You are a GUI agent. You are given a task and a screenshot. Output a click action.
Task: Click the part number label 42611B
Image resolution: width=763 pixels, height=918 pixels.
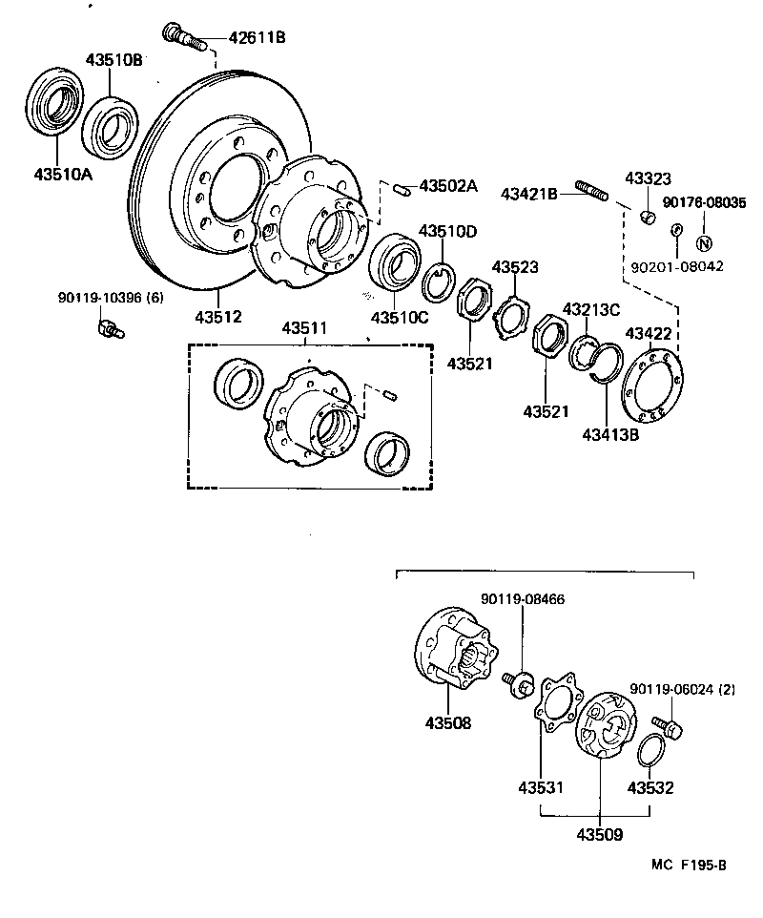tap(257, 38)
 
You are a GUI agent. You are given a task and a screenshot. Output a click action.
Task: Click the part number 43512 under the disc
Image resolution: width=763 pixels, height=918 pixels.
tap(218, 316)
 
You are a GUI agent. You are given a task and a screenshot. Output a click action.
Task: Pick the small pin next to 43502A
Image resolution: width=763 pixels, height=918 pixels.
tap(403, 188)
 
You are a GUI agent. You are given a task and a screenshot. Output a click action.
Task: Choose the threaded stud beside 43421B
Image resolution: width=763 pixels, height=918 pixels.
tap(592, 195)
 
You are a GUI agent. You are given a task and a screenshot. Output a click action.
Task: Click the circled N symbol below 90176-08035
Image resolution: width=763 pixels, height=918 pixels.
tap(706, 242)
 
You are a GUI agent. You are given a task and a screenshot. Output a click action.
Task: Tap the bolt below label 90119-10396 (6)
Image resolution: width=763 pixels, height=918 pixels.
tap(109, 331)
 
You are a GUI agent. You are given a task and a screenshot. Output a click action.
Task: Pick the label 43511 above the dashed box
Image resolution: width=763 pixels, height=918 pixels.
tap(304, 328)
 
